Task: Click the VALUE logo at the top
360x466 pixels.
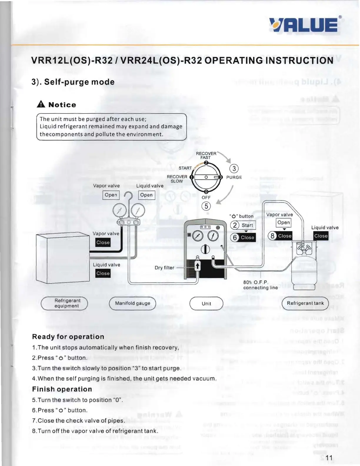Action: (x=304, y=25)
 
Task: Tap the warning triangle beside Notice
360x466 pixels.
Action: (x=41, y=104)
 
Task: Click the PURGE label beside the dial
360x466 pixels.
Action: (x=234, y=177)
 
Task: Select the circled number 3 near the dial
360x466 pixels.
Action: (x=234, y=169)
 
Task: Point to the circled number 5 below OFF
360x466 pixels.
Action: (x=206, y=206)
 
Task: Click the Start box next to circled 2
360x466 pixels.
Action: (x=247, y=225)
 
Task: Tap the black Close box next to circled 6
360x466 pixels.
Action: (x=247, y=237)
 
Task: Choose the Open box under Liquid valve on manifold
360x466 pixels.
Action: (x=146, y=195)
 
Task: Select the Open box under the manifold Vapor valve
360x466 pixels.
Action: (x=111, y=195)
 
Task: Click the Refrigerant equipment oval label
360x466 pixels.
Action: (x=64, y=303)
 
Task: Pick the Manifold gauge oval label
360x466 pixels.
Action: (x=132, y=303)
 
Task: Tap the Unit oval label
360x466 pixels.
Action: (x=206, y=304)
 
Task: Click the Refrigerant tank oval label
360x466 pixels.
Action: (x=305, y=303)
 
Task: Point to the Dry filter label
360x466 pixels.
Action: (x=164, y=268)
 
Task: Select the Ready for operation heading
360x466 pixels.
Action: (x=68, y=337)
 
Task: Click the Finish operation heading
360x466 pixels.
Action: (x=62, y=389)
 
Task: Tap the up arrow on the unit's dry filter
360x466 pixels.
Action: (x=198, y=266)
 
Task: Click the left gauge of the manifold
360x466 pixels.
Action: (x=119, y=211)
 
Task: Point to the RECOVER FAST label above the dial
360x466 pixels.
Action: (x=206, y=155)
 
